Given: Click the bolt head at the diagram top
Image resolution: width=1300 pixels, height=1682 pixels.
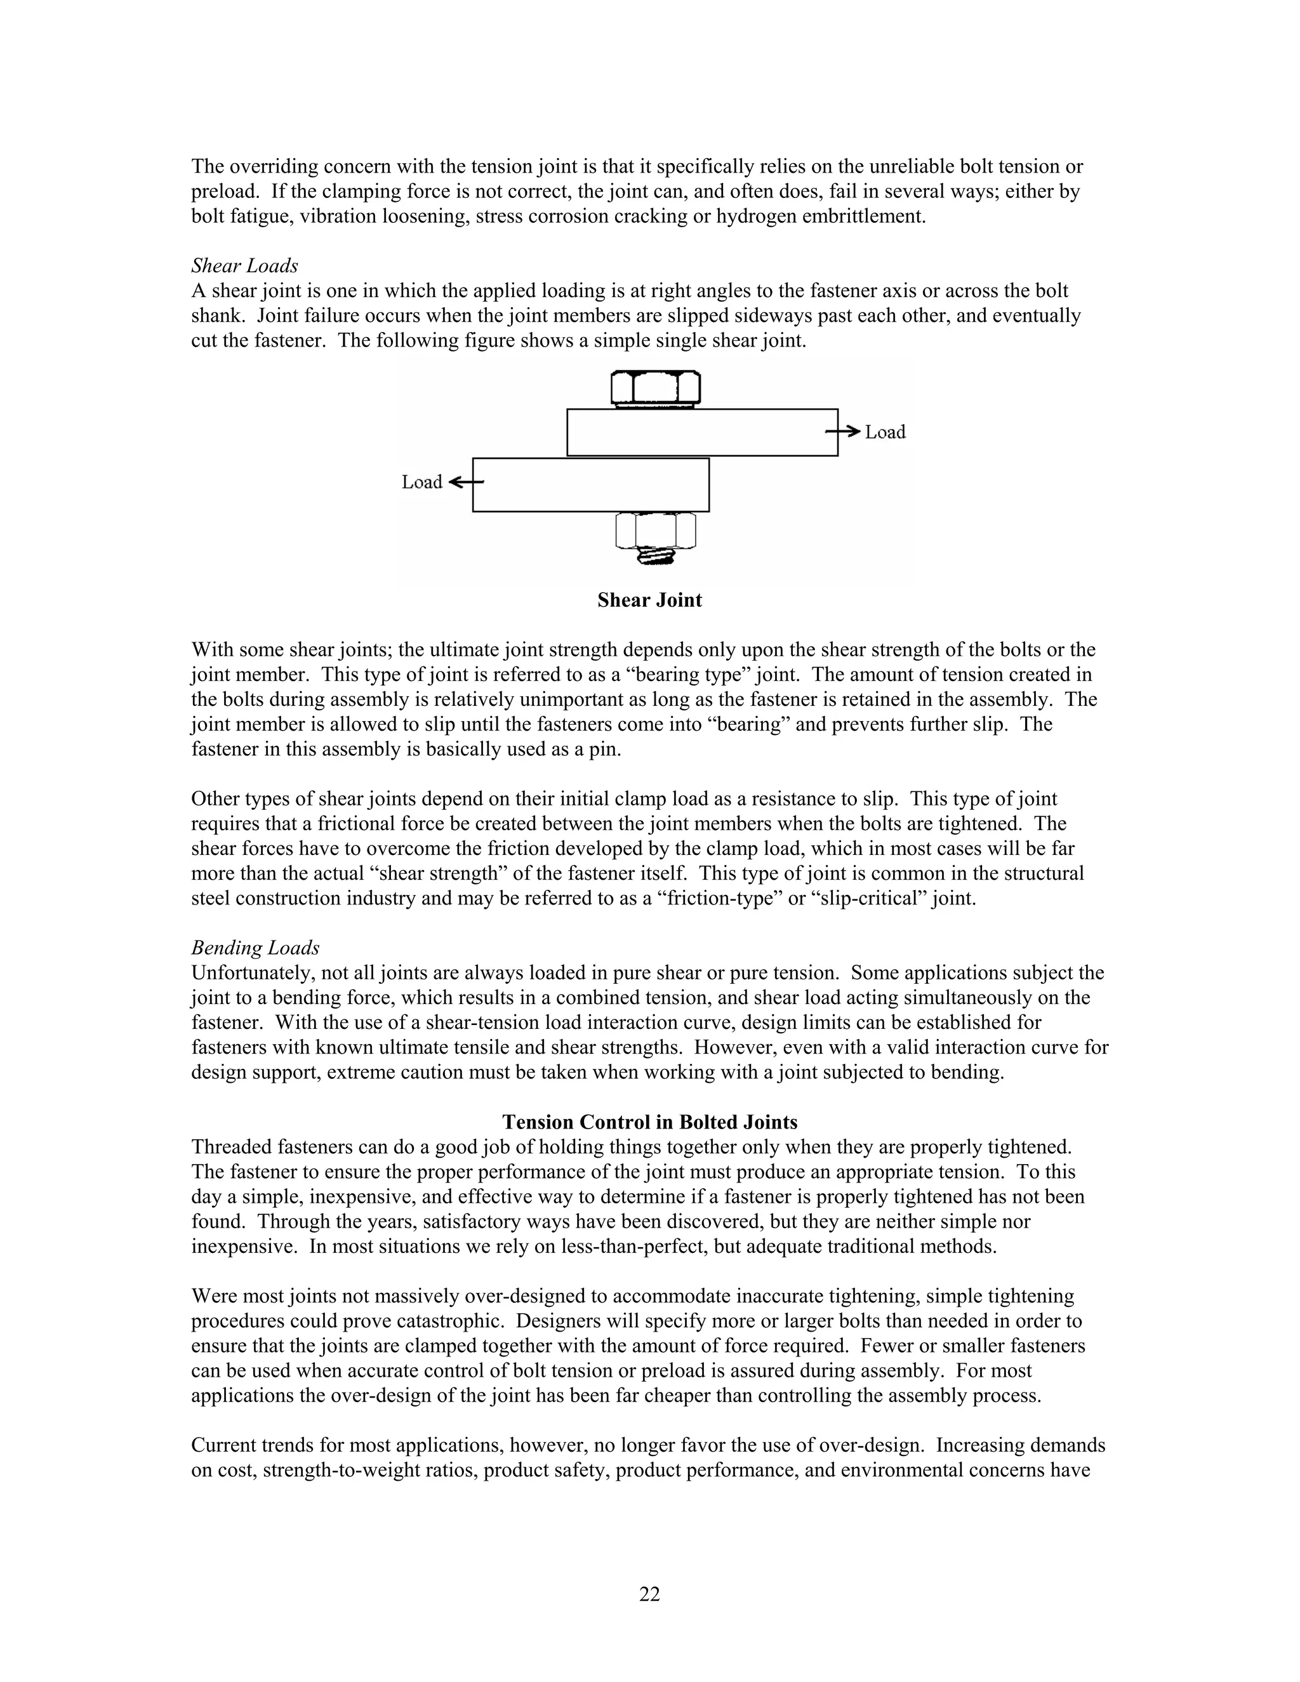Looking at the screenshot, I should click(x=655, y=388).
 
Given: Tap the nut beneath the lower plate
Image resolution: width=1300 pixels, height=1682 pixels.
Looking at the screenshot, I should click(x=655, y=530).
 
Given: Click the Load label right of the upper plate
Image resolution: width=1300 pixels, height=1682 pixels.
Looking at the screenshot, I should click(x=885, y=432).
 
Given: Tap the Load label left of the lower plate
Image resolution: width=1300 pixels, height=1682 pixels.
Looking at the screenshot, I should click(x=422, y=482).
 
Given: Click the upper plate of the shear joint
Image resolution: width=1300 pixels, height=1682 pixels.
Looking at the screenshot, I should click(x=703, y=432).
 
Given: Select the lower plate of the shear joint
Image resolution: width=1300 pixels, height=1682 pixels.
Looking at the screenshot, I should click(x=591, y=485).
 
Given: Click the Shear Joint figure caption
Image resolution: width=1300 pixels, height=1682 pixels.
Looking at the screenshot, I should click(x=649, y=600).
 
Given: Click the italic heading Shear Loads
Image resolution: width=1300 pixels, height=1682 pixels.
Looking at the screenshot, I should click(x=244, y=266).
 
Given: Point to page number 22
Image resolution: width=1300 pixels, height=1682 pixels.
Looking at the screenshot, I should click(x=649, y=1593).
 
